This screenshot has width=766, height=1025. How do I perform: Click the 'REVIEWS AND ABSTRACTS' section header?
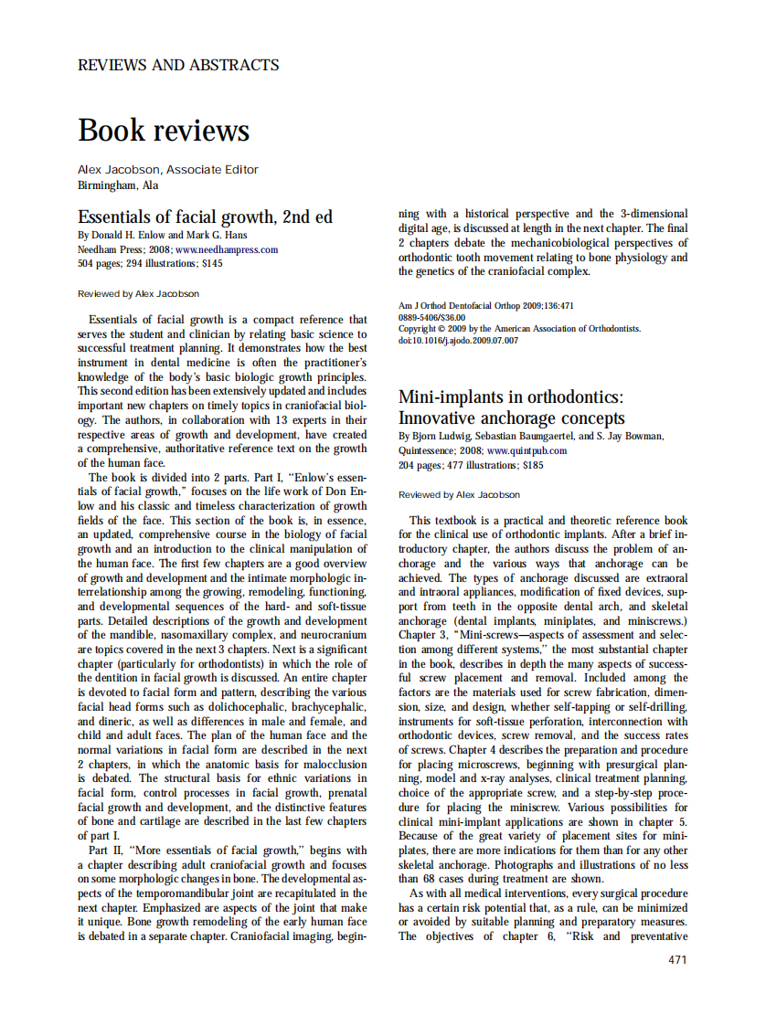coord(178,65)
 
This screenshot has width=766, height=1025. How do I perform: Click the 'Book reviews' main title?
coord(164,130)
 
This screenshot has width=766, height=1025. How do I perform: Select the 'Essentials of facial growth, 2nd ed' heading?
coord(205,217)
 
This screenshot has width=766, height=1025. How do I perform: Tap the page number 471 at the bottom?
coord(677,960)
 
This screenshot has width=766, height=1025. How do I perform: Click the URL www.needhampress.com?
coord(227,248)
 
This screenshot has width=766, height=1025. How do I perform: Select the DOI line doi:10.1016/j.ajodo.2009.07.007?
coord(458,341)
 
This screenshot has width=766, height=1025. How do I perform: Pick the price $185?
coord(533,465)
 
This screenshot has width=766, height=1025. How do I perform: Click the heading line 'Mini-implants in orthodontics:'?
coord(510,396)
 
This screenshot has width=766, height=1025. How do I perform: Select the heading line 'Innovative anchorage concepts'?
coord(512,418)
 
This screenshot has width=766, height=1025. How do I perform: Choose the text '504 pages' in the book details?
coord(99,263)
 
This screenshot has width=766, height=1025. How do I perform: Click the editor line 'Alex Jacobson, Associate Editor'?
coord(168,169)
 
